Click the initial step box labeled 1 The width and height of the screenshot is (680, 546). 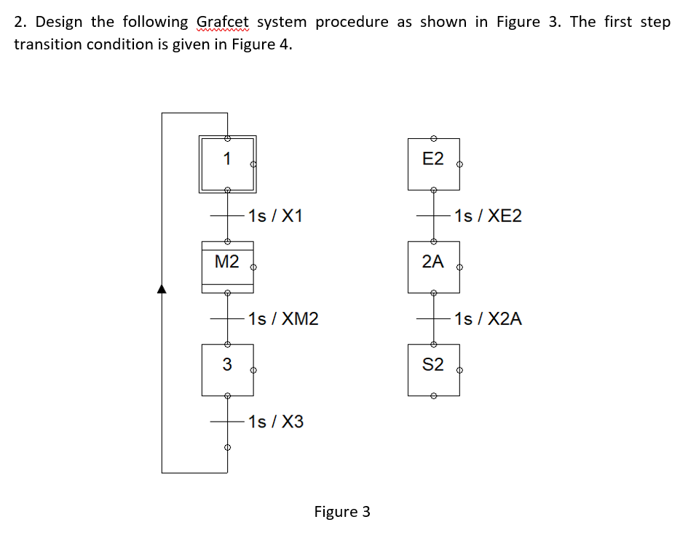(x=227, y=164)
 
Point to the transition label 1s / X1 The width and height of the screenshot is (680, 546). (x=275, y=216)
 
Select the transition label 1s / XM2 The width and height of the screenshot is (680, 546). (x=282, y=318)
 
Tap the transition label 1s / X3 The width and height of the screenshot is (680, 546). (x=275, y=422)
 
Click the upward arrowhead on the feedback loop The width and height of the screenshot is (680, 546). (x=162, y=289)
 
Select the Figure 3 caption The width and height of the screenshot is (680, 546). (x=342, y=512)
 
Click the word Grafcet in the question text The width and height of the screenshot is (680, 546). (x=223, y=22)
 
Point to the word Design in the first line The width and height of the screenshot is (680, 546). (x=64, y=22)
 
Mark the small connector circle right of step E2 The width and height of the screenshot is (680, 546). (x=459, y=165)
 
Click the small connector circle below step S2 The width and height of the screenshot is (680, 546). (x=433, y=396)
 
